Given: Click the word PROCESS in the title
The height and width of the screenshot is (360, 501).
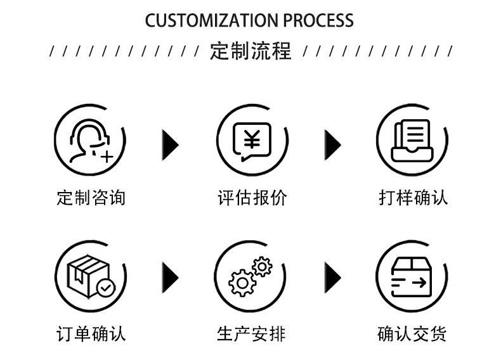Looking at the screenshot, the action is click(x=318, y=20).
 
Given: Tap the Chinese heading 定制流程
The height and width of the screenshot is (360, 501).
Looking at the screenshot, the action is click(x=251, y=51).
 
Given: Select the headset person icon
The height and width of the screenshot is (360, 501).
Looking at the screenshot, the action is click(x=91, y=141).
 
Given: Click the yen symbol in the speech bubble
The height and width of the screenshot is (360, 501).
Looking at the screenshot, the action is click(x=252, y=139).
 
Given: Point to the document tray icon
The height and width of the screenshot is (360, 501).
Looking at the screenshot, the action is click(x=412, y=141).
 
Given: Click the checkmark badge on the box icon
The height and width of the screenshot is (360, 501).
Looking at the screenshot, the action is click(x=106, y=288).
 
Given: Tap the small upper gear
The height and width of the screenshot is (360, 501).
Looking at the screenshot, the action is click(x=262, y=266).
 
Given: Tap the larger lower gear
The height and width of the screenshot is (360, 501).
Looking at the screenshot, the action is click(x=242, y=283).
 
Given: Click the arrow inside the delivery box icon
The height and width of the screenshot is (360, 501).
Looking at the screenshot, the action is click(x=419, y=283).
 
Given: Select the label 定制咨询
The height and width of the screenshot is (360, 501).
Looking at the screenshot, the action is click(x=91, y=197).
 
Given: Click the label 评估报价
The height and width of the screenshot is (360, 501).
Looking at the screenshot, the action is click(x=252, y=197).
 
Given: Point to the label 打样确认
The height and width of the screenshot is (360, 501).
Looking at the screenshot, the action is click(x=413, y=197).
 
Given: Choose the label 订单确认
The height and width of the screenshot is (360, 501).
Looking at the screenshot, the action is click(x=91, y=334).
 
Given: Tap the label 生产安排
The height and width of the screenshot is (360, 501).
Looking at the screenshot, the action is click(x=251, y=334).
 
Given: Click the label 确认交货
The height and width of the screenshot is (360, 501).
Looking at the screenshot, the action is click(x=412, y=334).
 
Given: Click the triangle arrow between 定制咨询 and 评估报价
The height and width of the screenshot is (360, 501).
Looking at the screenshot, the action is click(x=170, y=145).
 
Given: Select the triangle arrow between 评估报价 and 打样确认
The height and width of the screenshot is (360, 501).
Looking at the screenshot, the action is click(x=332, y=145).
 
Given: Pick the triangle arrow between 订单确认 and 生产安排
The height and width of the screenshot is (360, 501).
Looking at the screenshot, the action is click(x=170, y=278).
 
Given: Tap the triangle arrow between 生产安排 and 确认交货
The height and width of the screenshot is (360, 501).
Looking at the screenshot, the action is click(x=332, y=278).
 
